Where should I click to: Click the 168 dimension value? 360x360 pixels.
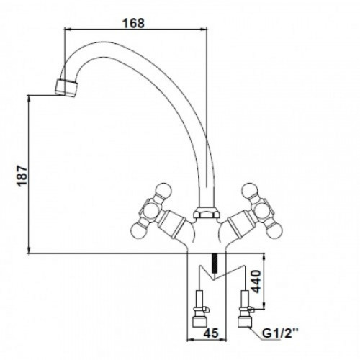tap(133, 23)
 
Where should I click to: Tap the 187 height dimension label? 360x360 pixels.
tap(22, 176)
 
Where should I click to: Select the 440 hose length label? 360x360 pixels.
tap(255, 282)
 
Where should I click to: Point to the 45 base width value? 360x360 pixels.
tap(211, 333)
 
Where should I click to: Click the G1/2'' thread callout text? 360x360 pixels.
tap(280, 333)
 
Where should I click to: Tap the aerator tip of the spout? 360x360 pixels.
tap(66, 88)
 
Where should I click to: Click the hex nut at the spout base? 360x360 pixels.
tap(206, 212)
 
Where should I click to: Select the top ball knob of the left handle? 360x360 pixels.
tap(163, 192)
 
